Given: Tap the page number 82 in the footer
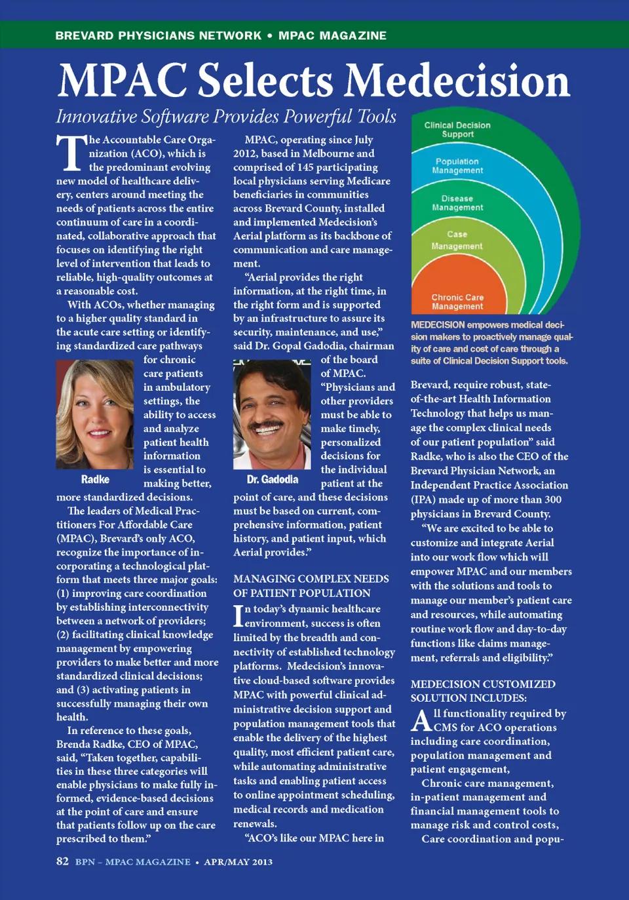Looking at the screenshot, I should pos(62,861).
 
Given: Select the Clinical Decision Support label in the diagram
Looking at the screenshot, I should pos(457,130).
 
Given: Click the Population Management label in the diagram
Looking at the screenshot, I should pos(457,166).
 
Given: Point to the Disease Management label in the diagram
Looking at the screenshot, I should pos(457,203).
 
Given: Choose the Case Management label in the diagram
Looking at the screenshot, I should pos(457,240).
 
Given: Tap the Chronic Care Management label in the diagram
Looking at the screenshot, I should pos(457,302).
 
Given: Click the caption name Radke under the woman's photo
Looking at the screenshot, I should pos(95,479).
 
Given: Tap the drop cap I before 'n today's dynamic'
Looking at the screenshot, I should pos(238,616).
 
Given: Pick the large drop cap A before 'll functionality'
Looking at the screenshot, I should pos(421,721).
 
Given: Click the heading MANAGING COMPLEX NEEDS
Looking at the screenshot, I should pos(311,579).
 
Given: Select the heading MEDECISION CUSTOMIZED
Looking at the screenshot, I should pos(483,684).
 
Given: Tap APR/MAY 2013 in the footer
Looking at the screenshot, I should pos(238,862).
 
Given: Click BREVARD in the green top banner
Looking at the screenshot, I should pos(85,35).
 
